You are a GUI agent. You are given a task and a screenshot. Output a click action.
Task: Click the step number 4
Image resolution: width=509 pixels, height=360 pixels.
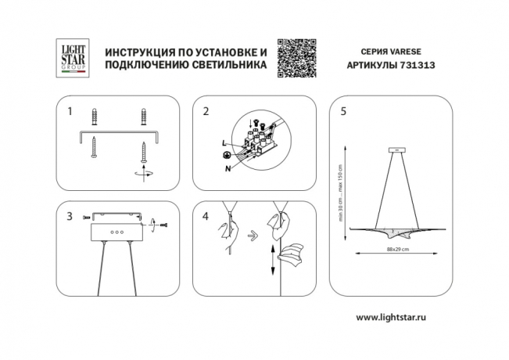206,215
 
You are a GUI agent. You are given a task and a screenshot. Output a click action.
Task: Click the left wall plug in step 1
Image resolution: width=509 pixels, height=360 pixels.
95,118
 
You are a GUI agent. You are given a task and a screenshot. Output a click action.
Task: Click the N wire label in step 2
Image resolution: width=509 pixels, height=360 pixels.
228,167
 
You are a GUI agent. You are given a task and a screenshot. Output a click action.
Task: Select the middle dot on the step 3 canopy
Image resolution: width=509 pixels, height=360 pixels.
115,232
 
